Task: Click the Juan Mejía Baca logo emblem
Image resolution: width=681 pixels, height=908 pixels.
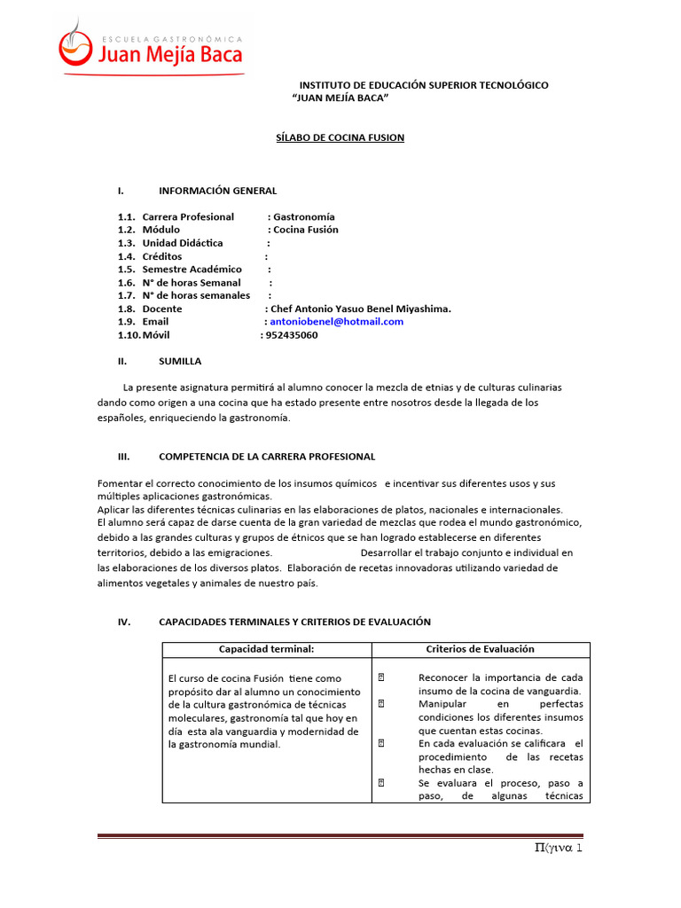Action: (76, 44)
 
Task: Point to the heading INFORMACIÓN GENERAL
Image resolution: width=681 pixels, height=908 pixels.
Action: (217, 191)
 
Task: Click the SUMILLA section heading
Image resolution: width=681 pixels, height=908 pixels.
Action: (180, 361)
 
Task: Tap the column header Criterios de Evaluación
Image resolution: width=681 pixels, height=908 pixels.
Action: (480, 649)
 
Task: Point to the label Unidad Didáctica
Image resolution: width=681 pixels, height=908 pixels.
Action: (183, 243)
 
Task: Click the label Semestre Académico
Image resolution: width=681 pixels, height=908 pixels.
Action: (192, 270)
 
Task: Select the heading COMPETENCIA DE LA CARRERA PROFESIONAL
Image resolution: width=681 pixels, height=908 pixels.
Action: (266, 457)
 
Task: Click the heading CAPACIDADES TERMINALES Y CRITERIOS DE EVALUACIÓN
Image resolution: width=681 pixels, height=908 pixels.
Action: (294, 622)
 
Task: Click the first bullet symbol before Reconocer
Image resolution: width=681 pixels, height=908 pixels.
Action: (380, 677)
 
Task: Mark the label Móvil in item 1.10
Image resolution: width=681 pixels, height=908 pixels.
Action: (155, 335)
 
